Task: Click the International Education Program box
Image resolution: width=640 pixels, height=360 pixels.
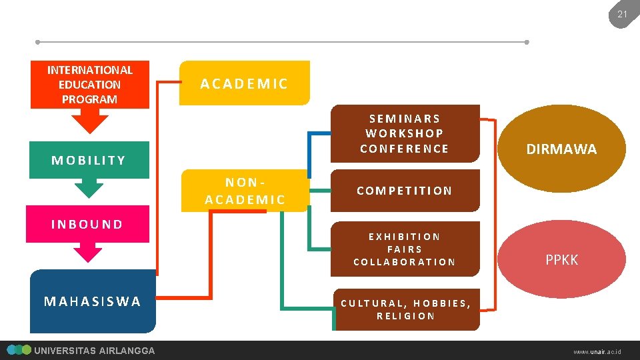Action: pyautogui.click(x=90, y=85)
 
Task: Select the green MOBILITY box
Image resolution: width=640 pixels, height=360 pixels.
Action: pyautogui.click(x=89, y=160)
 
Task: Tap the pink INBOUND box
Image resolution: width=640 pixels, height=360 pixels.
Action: pyautogui.click(x=87, y=224)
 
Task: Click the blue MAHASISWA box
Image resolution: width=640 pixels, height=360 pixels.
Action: pyautogui.click(x=93, y=301)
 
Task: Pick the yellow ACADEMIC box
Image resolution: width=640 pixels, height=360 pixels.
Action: pyautogui.click(x=245, y=83)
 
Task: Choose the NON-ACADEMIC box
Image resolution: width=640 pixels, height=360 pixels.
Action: pyautogui.click(x=245, y=191)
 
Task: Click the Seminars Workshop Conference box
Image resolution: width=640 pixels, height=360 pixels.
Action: pyautogui.click(x=405, y=133)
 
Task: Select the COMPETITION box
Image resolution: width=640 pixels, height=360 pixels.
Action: pyautogui.click(x=405, y=191)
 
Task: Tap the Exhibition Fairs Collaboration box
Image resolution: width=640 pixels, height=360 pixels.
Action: pyautogui.click(x=405, y=249)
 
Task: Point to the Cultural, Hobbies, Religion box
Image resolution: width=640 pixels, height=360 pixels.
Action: pyautogui.click(x=406, y=309)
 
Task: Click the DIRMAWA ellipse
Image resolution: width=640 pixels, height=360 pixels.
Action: pyautogui.click(x=562, y=149)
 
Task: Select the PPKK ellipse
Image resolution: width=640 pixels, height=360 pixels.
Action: pyautogui.click(x=562, y=259)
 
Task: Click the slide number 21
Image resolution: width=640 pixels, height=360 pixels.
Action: pyautogui.click(x=622, y=14)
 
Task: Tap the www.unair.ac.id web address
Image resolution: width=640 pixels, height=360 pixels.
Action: pyautogui.click(x=597, y=351)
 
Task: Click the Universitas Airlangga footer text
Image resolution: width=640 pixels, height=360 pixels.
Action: pyautogui.click(x=94, y=351)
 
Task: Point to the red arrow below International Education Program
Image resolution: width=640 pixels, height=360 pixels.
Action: pyautogui.click(x=89, y=121)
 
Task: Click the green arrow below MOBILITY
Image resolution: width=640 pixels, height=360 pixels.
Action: pyautogui.click(x=89, y=188)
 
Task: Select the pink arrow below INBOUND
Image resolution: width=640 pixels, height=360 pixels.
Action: pyautogui.click(x=88, y=252)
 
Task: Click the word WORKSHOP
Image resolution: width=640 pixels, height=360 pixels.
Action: pyautogui.click(x=405, y=133)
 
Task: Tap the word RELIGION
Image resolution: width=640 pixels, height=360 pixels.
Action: pyautogui.click(x=406, y=316)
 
